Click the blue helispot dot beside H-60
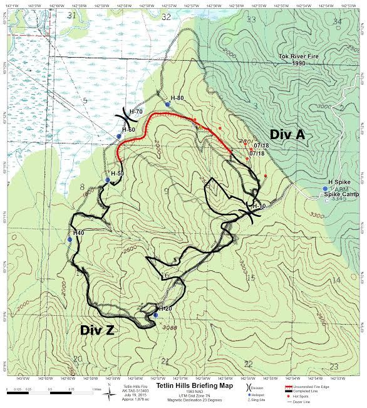(119, 137)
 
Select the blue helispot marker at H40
(70, 239)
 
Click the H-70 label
(135, 111)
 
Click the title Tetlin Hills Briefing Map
(183, 386)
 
